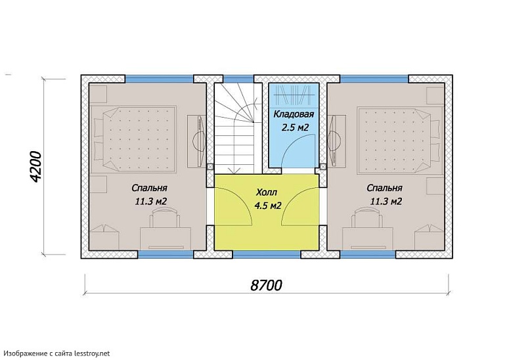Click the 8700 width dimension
pos(266,285)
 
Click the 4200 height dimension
pos(35,167)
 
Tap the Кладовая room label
pos(294,114)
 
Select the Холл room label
pos(267,192)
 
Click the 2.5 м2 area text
pos(295,127)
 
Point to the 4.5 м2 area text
pos(267,206)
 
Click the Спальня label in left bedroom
pos(149,189)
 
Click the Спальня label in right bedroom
pos(384,189)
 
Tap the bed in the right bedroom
pos(400,139)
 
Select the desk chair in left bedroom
pos(165,217)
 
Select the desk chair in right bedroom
pos(368,217)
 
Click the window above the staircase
pos(238,79)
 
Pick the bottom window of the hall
pos(267,254)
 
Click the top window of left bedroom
pos(160,79)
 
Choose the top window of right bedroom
pos(374,79)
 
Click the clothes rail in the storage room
pos(294,95)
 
